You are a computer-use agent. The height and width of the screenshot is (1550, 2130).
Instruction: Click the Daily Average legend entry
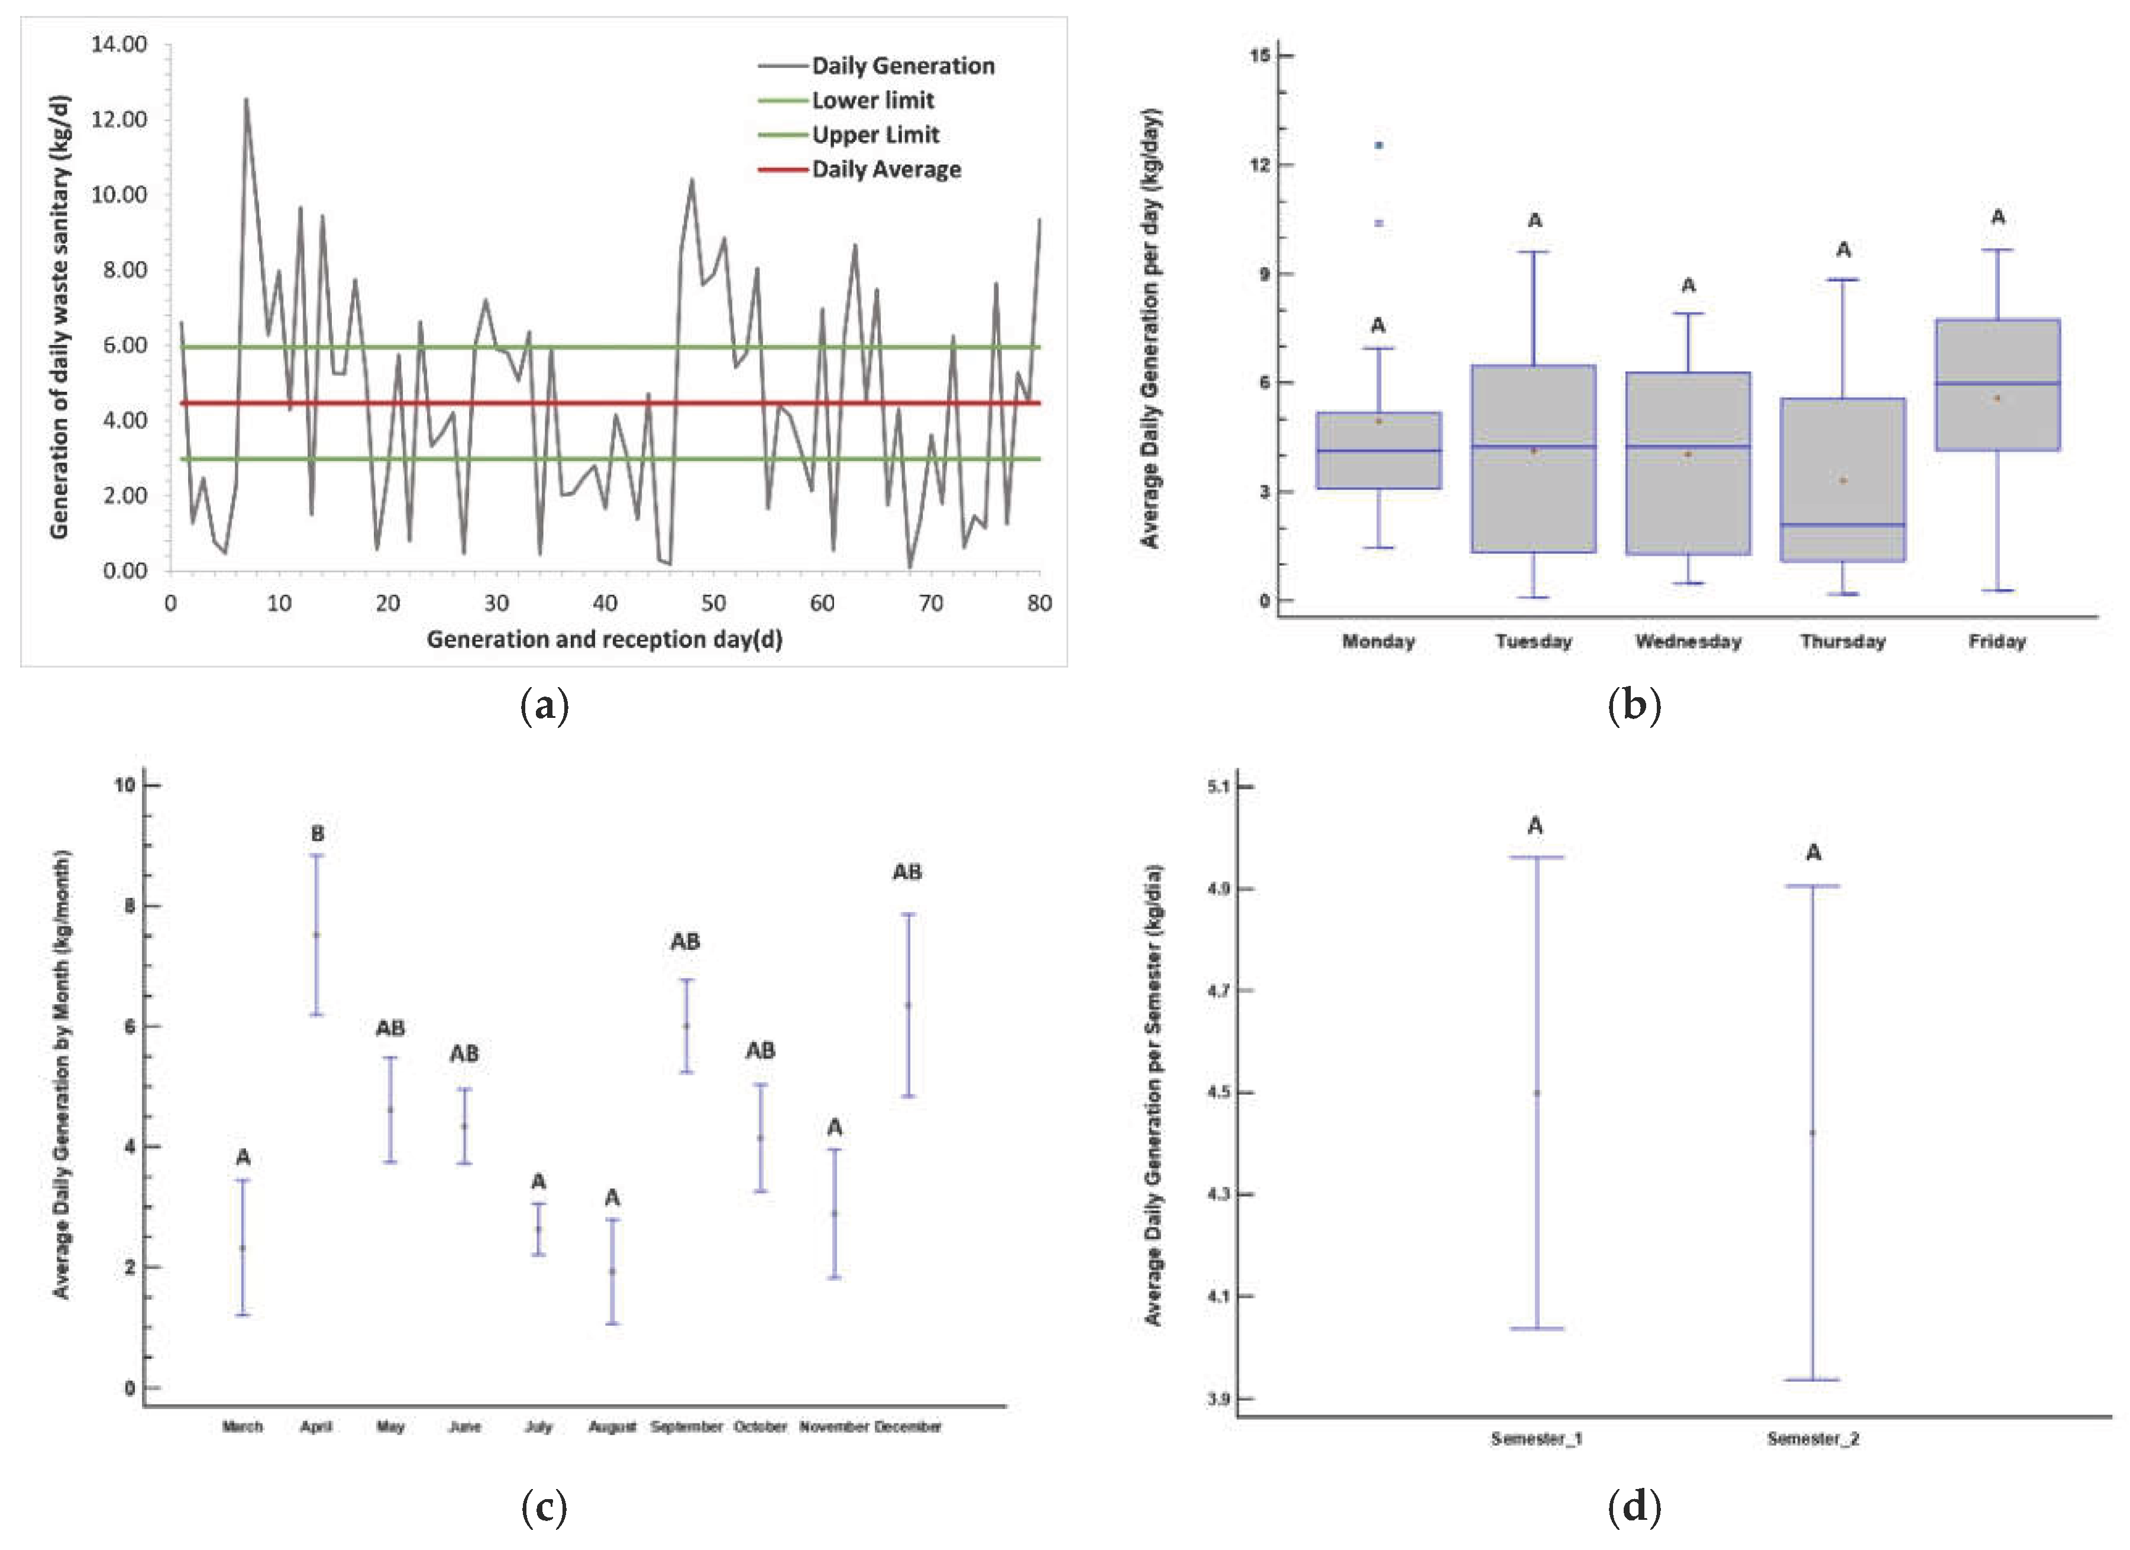885,169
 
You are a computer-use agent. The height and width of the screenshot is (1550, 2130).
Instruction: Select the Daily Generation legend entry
901,66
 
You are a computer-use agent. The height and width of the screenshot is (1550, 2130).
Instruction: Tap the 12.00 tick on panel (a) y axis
119,120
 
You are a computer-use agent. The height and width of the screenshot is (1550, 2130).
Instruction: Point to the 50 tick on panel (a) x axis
714,603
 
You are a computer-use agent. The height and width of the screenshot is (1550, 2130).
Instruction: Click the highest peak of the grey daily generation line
246,99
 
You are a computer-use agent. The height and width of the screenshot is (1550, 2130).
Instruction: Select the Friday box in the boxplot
1998,385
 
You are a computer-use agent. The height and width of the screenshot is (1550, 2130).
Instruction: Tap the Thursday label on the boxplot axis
1843,642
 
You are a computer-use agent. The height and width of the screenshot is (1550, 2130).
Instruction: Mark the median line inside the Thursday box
1843,524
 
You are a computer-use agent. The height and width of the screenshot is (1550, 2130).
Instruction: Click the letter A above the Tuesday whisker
1534,221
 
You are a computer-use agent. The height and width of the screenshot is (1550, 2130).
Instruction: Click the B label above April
318,833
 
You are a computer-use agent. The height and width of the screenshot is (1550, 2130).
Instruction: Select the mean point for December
908,1005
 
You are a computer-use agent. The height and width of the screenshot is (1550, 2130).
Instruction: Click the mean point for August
612,1271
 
